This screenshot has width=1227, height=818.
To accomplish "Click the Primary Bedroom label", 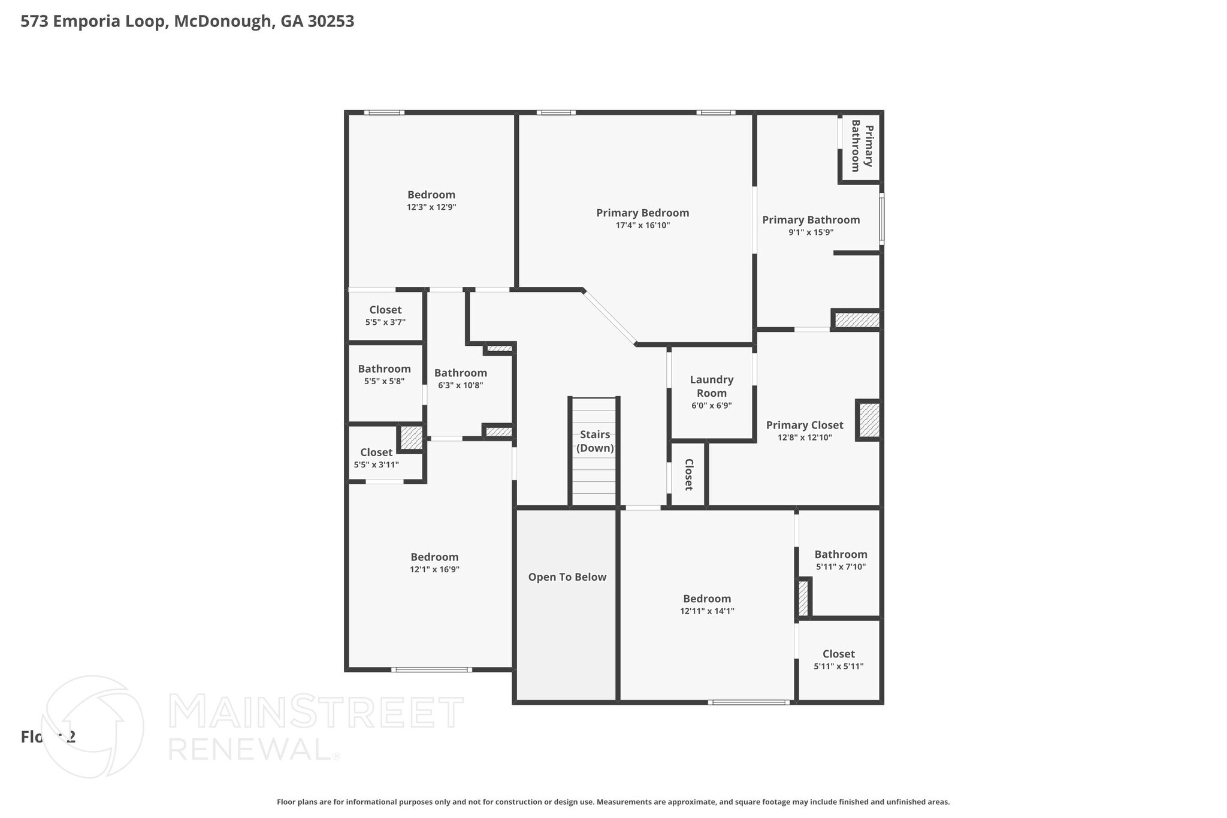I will tap(642, 213).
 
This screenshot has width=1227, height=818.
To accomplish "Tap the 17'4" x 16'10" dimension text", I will tap(642, 225).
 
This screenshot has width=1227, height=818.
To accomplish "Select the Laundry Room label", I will tap(711, 386).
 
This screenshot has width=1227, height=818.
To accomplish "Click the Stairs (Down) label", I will tap(595, 441).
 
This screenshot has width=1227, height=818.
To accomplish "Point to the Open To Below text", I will tap(567, 577).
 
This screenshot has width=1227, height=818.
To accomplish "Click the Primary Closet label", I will tap(804, 425).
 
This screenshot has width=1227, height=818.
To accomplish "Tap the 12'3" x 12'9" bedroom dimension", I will tap(431, 207).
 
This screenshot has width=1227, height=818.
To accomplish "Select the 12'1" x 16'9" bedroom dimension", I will tap(434, 569).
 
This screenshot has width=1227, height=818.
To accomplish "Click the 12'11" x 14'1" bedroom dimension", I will tap(707, 611).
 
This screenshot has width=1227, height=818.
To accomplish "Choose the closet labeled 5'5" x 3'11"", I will tap(376, 464).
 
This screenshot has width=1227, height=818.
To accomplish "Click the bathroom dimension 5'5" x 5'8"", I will tap(384, 381).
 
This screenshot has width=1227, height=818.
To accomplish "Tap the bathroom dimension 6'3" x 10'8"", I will tap(460, 385).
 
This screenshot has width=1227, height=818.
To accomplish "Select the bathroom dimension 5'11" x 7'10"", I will tap(841, 566).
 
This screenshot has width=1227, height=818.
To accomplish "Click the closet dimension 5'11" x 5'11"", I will tap(838, 666).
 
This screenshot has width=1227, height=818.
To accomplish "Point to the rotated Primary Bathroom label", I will tap(862, 146).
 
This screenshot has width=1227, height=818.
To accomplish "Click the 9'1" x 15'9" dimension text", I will tap(811, 233).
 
